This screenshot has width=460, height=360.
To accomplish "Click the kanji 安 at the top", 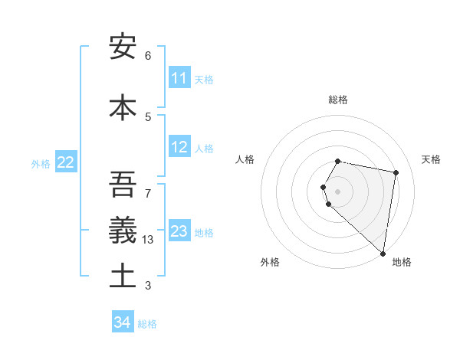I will click(x=123, y=47).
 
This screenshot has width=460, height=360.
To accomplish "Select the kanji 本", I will click(x=123, y=107).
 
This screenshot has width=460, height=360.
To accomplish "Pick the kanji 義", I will click(x=123, y=228).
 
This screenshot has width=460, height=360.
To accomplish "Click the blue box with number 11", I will click(x=179, y=78).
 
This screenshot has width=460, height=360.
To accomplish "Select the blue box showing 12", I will click(x=179, y=147).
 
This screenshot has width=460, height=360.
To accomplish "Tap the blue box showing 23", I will click(x=179, y=231).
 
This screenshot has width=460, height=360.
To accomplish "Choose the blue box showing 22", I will click(x=66, y=162).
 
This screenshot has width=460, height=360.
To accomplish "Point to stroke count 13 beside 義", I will click(x=149, y=239).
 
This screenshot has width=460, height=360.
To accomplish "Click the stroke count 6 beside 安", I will click(x=148, y=55).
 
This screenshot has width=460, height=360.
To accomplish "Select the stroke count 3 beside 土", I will click(x=148, y=286).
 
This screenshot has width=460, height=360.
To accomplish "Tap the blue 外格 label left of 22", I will click(x=41, y=163).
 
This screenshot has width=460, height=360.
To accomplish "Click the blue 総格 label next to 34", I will click(x=147, y=323).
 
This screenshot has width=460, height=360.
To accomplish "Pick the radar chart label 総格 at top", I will click(x=338, y=100).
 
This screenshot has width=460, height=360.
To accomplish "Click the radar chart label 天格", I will click(x=432, y=159).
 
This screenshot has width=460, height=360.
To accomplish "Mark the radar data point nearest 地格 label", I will click(x=383, y=254).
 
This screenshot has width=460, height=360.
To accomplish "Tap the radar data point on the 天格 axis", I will click(x=396, y=173).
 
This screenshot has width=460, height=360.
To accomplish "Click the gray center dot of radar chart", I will click(x=338, y=191).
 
